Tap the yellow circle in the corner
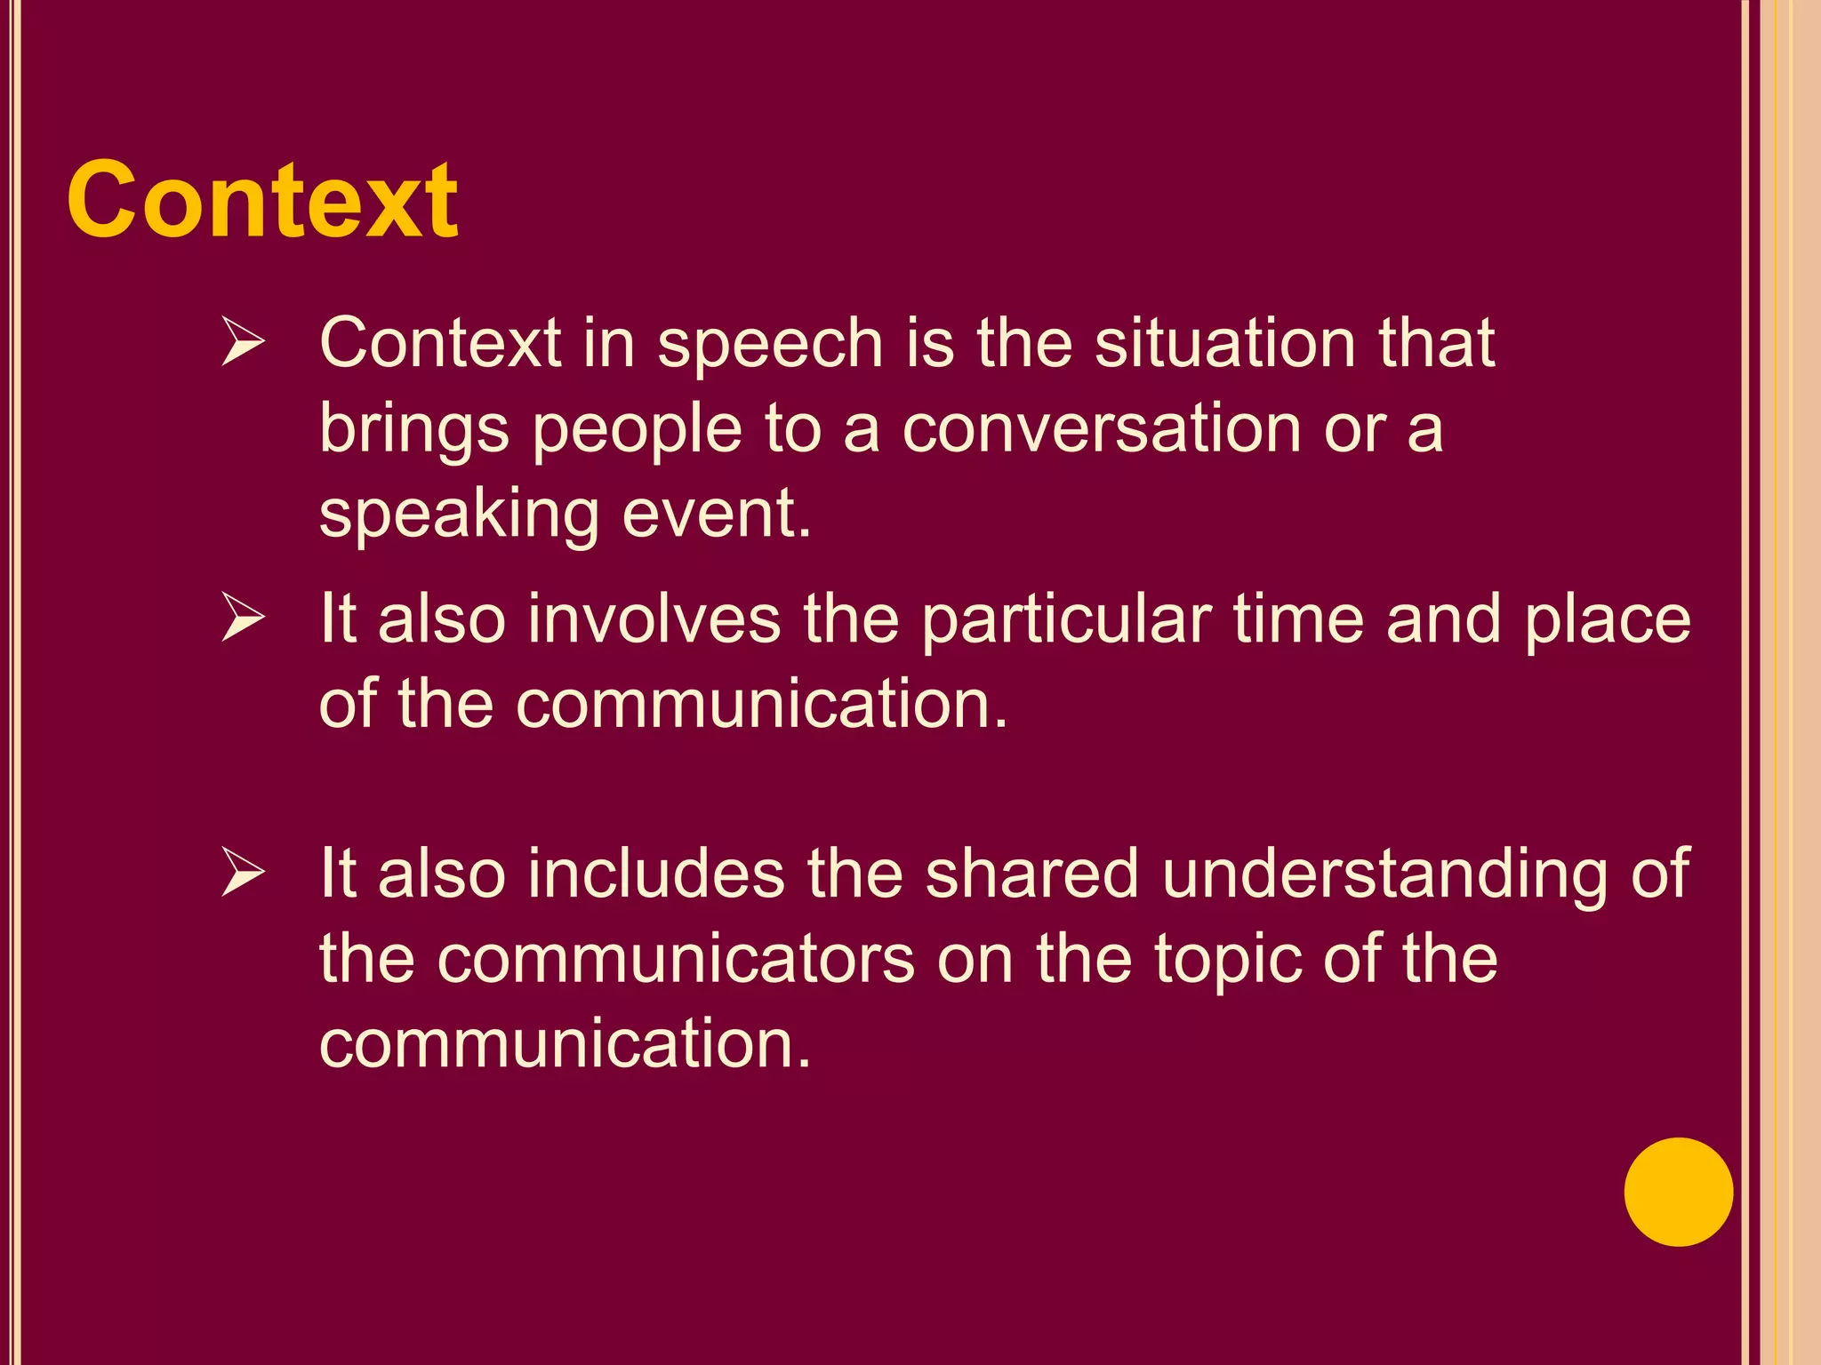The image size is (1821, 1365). [x=1678, y=1192]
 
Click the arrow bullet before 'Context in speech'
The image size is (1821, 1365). [x=243, y=342]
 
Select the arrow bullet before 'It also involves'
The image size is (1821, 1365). [x=243, y=618]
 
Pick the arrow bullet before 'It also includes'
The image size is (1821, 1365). [x=243, y=873]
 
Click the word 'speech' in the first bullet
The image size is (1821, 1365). [x=770, y=345]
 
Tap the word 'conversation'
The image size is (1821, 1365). [x=1102, y=428]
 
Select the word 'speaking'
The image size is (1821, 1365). [x=459, y=515]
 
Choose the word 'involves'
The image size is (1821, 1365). [x=654, y=619]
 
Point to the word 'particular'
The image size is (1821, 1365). [x=1066, y=620]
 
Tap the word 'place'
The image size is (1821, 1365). [x=1608, y=620]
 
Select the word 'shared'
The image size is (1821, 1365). [x=1031, y=874]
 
